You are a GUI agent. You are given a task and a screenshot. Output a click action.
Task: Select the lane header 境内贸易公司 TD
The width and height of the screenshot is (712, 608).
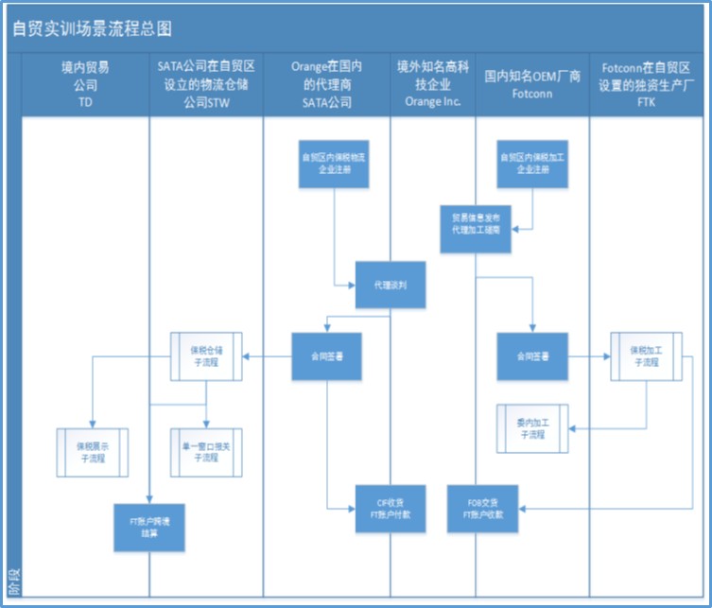click(85, 84)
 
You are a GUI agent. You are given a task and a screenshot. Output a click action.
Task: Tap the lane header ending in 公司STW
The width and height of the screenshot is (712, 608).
click(206, 84)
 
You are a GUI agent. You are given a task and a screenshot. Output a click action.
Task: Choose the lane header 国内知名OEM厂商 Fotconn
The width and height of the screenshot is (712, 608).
click(532, 84)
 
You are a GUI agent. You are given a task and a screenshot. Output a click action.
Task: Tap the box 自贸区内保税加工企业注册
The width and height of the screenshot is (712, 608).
click(532, 164)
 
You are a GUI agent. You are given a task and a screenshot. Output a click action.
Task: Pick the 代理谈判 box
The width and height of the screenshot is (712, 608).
click(389, 285)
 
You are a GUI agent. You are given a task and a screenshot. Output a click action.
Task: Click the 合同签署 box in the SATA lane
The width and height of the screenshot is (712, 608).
click(326, 356)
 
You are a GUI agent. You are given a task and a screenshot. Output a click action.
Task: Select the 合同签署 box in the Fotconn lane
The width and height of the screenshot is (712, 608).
click(532, 356)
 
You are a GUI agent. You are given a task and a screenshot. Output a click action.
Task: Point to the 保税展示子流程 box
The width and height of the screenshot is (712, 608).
click(91, 450)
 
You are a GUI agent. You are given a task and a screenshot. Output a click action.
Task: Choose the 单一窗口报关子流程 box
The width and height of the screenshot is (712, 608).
click(205, 450)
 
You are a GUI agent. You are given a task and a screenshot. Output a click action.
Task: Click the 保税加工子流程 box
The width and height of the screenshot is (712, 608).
click(646, 356)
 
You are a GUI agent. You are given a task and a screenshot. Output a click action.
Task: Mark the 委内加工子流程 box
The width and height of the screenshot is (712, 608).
click(531, 427)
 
